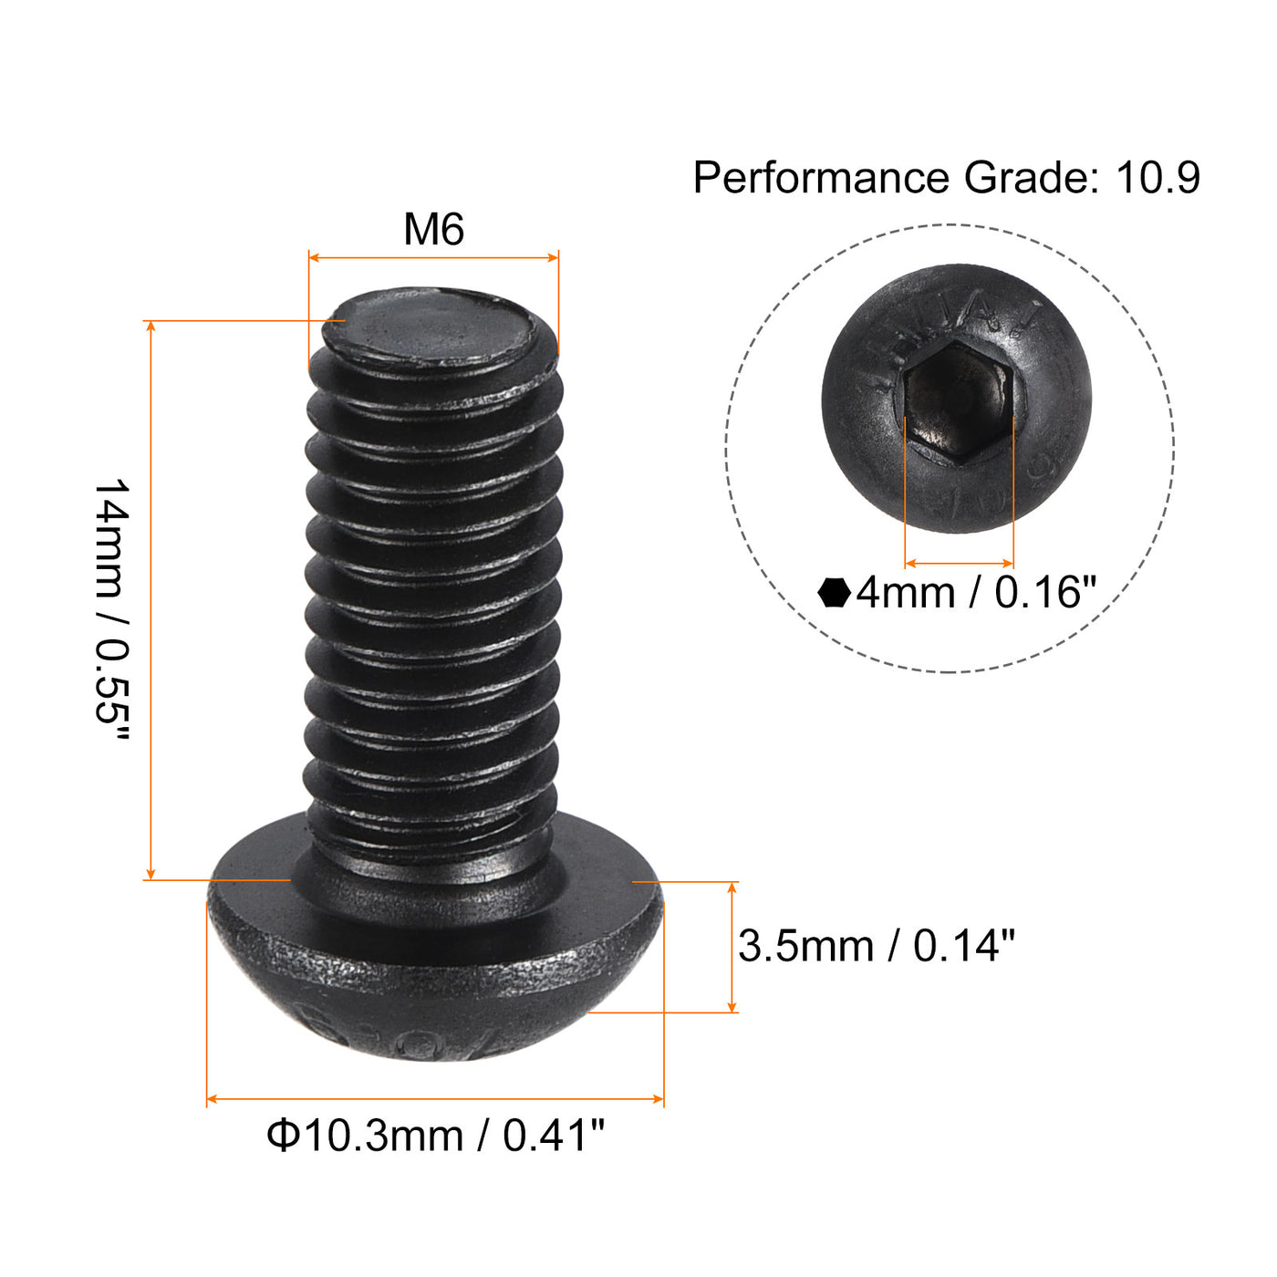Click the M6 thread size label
(x=433, y=230)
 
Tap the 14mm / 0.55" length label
(x=112, y=601)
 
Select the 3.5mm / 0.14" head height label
(x=876, y=946)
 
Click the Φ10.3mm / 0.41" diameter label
(x=435, y=1137)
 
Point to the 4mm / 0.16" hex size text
(x=975, y=593)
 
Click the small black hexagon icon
(x=834, y=593)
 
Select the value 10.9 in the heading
(x=1158, y=178)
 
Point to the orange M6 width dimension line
(x=433, y=258)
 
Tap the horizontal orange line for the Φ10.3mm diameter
(x=435, y=1099)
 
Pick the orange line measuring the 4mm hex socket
(x=959, y=564)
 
